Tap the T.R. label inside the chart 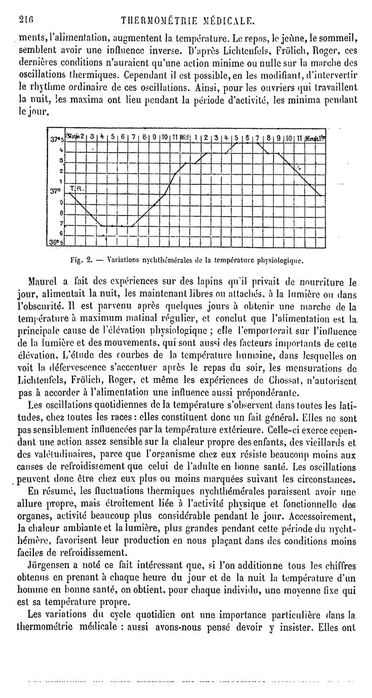pos(75,188)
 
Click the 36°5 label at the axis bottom pos(56,242)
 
